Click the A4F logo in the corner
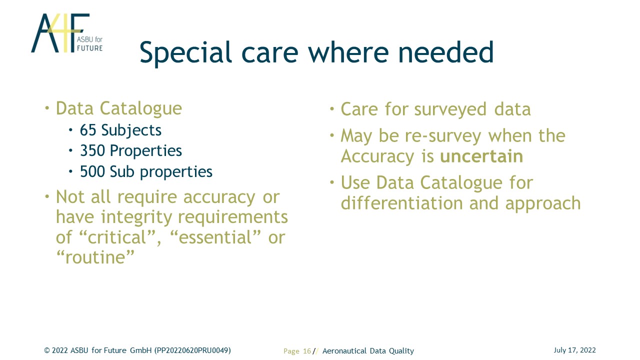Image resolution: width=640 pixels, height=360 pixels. [67, 33]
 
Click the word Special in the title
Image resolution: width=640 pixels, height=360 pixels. [185, 53]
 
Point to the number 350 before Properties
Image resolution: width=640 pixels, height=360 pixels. [92, 150]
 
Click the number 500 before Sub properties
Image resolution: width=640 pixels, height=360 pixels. [92, 171]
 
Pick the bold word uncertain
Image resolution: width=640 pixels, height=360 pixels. [481, 156]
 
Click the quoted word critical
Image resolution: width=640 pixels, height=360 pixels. [117, 237]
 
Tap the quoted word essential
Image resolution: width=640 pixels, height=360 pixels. [215, 237]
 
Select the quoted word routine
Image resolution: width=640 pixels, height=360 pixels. [95, 257]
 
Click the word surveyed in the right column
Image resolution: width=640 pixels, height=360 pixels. [450, 109]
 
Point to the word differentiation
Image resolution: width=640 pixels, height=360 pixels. [401, 203]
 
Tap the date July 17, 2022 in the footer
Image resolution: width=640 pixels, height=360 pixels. [574, 350]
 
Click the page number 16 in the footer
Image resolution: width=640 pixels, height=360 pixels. [306, 351]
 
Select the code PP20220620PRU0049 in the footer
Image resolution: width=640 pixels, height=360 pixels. [192, 350]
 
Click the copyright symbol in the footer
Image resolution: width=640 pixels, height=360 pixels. [47, 350]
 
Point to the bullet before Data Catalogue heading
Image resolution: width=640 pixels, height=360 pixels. [47, 108]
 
